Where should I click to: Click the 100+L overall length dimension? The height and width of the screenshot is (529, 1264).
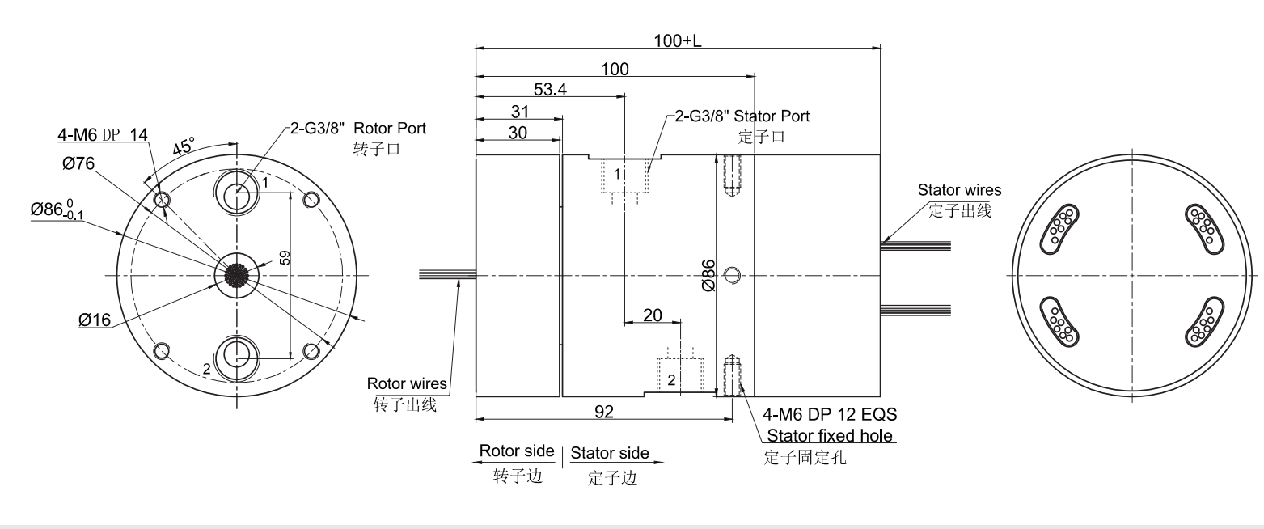[x=678, y=41]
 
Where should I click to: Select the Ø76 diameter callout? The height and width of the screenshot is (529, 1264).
[x=78, y=163]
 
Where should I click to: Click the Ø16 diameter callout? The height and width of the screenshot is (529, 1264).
[x=95, y=320]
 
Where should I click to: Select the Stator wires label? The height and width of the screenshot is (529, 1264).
[x=959, y=190]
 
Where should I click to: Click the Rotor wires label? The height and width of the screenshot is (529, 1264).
[x=408, y=383]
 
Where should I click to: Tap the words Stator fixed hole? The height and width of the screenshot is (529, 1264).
[x=830, y=436]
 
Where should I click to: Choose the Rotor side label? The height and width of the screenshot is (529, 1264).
[x=517, y=451]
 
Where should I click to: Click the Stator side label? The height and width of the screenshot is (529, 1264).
[x=610, y=453]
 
